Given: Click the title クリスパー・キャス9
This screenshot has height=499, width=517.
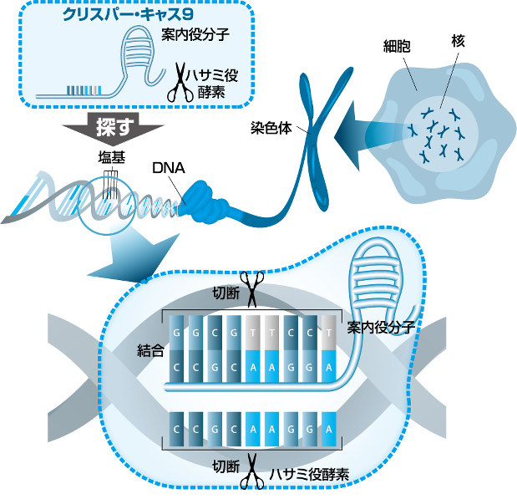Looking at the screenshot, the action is [x=128, y=14].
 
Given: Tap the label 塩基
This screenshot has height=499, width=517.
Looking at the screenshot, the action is [x=112, y=157].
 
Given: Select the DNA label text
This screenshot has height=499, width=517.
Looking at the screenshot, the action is [x=169, y=168].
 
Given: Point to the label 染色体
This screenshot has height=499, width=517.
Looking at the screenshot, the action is [x=271, y=128].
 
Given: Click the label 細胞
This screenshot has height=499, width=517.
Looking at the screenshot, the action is [x=397, y=46].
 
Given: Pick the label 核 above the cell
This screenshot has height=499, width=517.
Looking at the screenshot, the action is [x=459, y=42].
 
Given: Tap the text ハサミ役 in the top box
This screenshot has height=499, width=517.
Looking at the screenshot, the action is [x=211, y=75].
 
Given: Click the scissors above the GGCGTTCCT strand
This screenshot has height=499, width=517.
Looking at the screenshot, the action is [x=252, y=289].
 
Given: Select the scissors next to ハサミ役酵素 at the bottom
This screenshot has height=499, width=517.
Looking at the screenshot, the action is [x=252, y=472].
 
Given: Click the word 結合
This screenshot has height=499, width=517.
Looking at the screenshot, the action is [x=150, y=351].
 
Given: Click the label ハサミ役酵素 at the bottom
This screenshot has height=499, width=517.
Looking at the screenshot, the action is [x=309, y=475].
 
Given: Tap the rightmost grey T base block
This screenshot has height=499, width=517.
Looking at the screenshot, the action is [x=329, y=333].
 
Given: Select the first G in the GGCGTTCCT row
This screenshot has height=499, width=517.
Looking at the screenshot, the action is [x=176, y=333].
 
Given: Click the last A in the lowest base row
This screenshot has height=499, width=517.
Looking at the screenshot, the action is [x=329, y=429].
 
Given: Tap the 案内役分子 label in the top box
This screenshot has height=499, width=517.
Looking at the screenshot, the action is [x=195, y=34].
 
